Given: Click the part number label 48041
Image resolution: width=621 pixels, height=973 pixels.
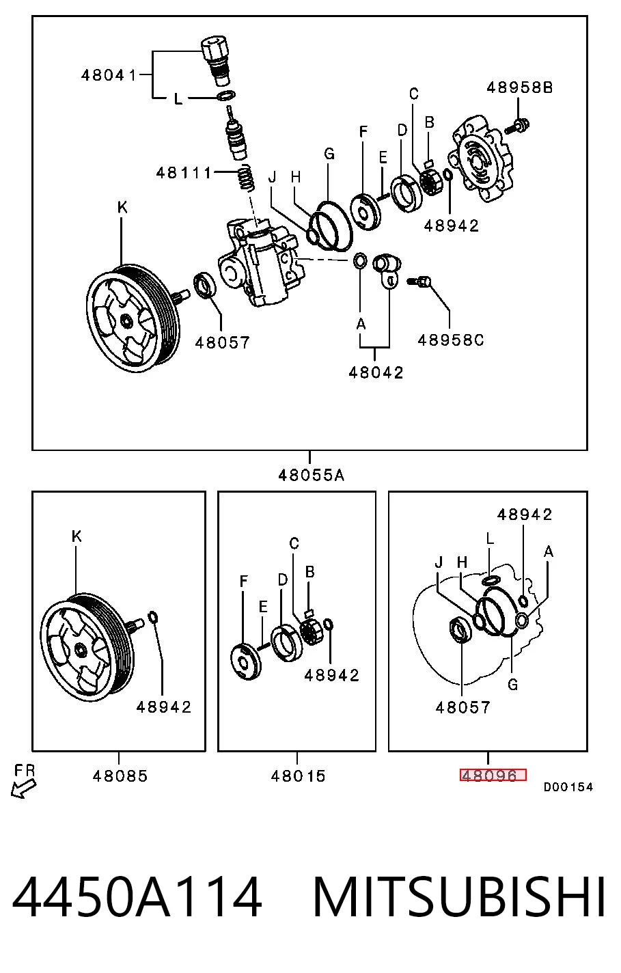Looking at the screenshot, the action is pos(109,75).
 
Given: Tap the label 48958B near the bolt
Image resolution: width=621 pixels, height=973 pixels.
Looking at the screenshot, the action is pos(519,87).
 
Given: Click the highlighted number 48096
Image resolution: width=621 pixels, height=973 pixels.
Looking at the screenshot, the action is pos(493,775).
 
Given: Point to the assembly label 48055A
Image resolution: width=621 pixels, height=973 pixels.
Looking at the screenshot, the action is pos(311,475).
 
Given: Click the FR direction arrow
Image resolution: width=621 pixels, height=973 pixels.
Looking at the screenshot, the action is pos(23,788).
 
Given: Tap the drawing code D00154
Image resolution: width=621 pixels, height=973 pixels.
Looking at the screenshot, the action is pos(568,786).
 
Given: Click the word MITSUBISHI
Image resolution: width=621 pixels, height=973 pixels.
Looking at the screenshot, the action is pos(459,897).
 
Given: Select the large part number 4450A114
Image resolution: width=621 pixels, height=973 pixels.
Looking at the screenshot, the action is pos(137,897).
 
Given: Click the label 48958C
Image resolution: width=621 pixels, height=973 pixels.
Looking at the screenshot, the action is pos(450,340).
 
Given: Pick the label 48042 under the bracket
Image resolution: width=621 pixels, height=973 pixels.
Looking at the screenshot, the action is pos(376,372).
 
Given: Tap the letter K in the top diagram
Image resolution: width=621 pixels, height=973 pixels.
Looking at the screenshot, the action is pos(122,208).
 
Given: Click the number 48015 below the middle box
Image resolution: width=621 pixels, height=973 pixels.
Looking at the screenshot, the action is pos(298,776).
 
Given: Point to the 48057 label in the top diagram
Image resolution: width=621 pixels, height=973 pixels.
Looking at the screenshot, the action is pos(222,343).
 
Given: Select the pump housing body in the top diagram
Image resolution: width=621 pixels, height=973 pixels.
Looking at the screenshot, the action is pos(260,263).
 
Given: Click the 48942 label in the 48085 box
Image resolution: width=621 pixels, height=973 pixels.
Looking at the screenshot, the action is pos(163,707).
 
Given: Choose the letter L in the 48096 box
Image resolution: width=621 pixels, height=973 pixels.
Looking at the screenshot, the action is pos(489,539).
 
